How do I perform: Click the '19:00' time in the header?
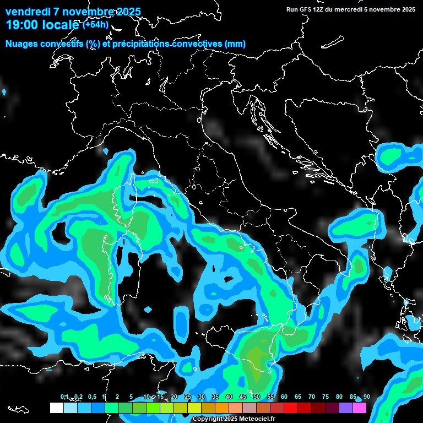coord(21,25)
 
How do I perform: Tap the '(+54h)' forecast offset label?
coord(95,24)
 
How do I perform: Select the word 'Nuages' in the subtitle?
coord(21,44)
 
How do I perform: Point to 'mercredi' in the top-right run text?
coord(348,9)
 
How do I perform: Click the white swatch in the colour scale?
coord(56,408)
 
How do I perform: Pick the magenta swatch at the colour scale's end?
coord(360,408)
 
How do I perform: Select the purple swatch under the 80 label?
coord(346,408)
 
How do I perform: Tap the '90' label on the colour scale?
coord(367,397)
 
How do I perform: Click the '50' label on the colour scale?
coord(257,397)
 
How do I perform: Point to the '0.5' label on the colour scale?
coord(91,397)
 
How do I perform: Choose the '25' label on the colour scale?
coord(188,397)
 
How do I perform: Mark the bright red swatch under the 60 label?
coord(291,408)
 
